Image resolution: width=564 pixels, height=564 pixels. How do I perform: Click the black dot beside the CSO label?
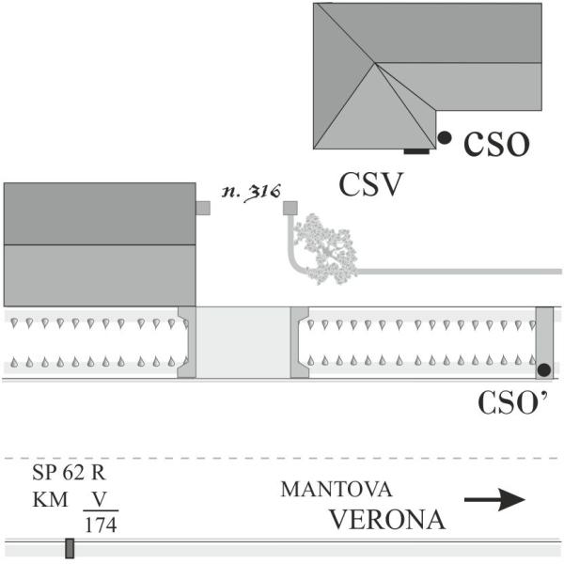click(445, 137)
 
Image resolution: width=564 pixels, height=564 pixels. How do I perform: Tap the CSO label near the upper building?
click(495, 144)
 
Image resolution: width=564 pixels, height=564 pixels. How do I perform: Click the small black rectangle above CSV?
click(416, 150)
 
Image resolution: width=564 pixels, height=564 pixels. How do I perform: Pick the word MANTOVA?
click(336, 491)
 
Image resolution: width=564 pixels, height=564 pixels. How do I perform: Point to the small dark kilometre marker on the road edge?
click(69, 548)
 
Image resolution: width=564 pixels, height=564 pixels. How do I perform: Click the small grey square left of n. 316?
click(203, 208)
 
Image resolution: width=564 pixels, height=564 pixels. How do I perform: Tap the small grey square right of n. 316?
click(290, 208)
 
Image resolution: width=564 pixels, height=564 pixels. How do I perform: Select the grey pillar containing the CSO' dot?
click(544, 342)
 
